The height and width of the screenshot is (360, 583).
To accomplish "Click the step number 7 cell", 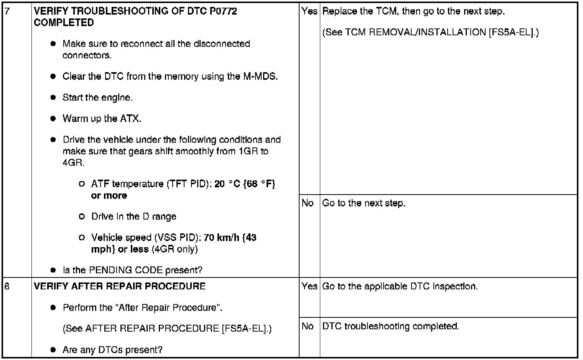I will point(7,11).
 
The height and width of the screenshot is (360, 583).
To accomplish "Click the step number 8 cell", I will point(7,286).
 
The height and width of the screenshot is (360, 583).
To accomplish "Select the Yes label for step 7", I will point(309,11).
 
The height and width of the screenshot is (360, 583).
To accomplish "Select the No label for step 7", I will point(308,203).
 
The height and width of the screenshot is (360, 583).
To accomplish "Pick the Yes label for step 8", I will point(309,286).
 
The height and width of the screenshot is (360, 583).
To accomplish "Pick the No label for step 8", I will point(308,326).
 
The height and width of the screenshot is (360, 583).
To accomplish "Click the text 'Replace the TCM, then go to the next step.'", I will point(413,11).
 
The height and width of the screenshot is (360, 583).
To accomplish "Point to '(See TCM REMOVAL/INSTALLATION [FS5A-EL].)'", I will point(430,32).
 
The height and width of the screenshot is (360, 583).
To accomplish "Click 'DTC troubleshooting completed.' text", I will point(390,326).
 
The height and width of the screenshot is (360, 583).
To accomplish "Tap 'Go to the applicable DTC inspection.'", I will point(400,286).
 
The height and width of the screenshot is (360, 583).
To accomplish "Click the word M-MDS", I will point(260,76).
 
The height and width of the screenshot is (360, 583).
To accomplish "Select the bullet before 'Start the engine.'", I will point(53,97).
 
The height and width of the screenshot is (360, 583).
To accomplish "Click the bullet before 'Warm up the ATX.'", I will point(53,119).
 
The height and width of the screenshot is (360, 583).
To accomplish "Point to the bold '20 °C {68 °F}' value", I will point(245,184).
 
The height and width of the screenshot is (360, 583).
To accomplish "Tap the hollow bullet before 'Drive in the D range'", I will point(81,216).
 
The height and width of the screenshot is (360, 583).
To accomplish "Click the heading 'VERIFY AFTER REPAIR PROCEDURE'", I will point(120,286).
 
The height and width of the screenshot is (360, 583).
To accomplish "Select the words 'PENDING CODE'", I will point(126,270).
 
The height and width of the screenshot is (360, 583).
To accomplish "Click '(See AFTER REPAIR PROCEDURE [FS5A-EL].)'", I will point(167,329).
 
